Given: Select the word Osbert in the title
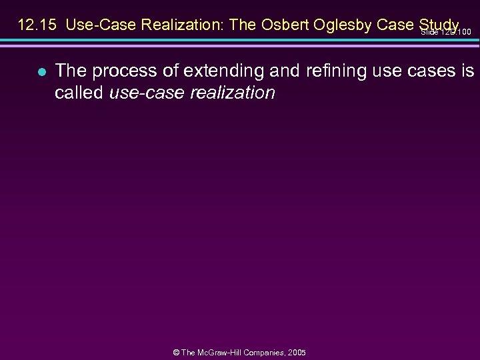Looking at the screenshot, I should tap(282, 25).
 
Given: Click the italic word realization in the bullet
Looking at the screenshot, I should tap(234, 93).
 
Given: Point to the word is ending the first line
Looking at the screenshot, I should tap(467, 71).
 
